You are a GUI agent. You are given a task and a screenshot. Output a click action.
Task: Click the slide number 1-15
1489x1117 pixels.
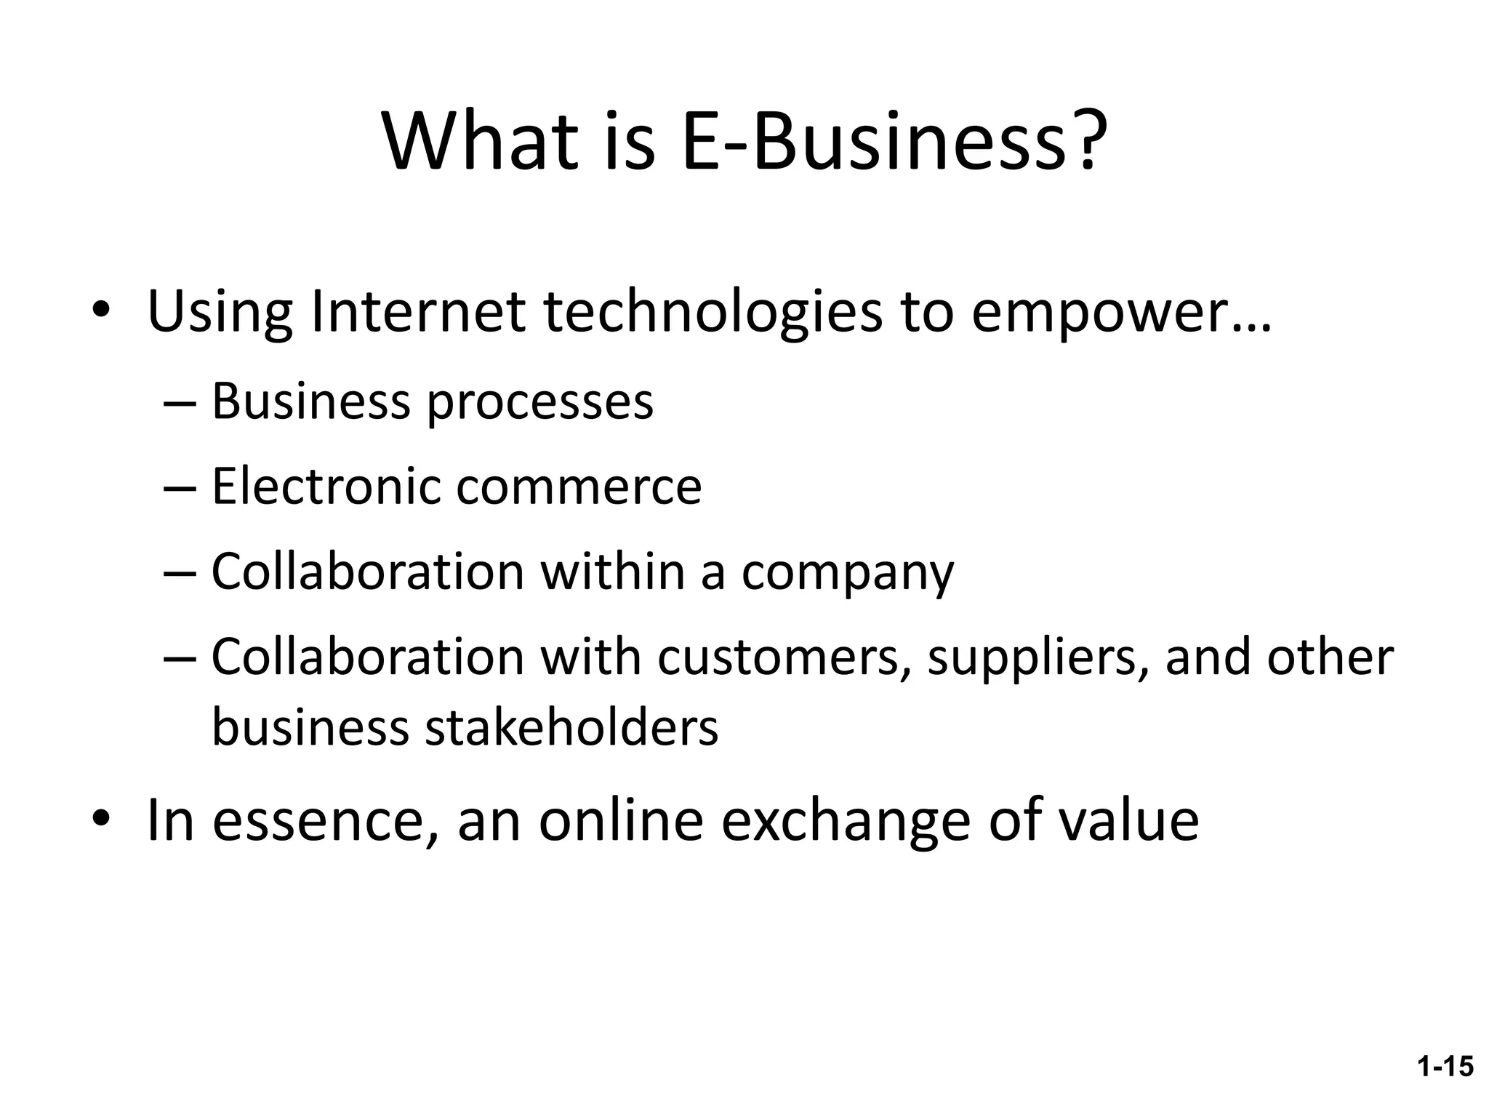tap(1445, 1067)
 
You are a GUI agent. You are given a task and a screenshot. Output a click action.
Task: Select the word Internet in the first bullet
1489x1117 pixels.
tap(417, 312)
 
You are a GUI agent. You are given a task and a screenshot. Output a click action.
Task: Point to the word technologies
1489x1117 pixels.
tap(713, 312)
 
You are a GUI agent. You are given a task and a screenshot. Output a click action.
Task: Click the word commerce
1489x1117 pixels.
tap(579, 487)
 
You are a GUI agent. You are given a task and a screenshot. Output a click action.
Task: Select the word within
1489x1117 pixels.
tap(614, 572)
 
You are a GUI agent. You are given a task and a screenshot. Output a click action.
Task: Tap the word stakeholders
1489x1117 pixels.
tap(571, 727)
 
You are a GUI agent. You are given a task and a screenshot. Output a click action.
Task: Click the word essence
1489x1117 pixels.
tap(325, 820)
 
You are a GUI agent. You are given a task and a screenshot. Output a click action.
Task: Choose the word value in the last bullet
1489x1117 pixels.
tap(1128, 820)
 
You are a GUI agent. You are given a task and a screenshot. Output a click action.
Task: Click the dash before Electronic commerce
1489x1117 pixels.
tap(180, 487)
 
